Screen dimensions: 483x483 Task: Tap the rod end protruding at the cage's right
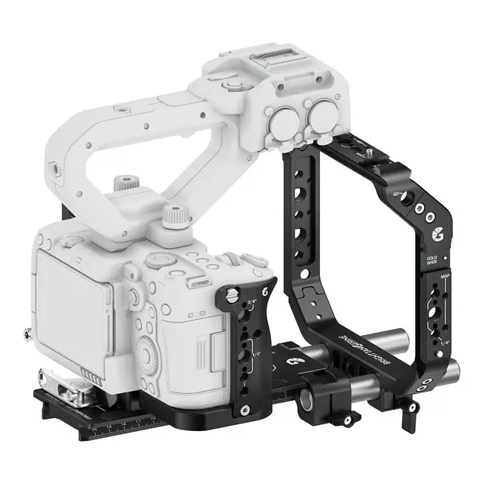pyautogui.click(x=454, y=370)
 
